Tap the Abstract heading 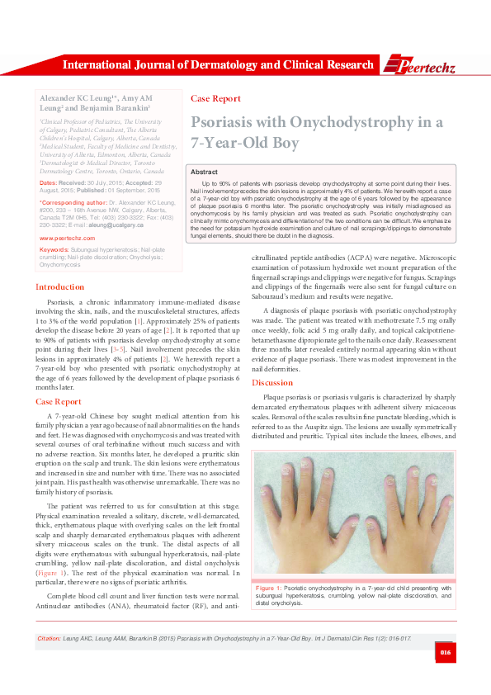(x=204, y=171)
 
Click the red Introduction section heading (x=60, y=287)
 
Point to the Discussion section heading (x=271, y=383)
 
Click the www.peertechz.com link (x=67, y=238)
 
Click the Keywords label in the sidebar (x=54, y=248)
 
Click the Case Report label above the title (x=215, y=98)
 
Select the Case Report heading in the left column (x=58, y=401)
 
